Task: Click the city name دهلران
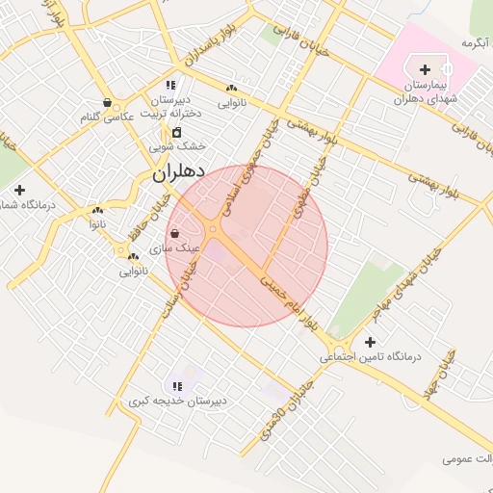coord(179,173)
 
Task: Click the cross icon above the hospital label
coord(426,69)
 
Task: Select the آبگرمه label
coord(476,43)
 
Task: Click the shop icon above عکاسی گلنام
coord(106,102)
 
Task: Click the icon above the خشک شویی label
coord(177,132)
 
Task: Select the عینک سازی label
coord(181,247)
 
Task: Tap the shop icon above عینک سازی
coord(173,233)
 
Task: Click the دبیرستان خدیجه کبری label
coord(178,401)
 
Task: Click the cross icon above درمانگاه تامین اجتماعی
coord(370,342)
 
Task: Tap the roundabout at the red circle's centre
coord(213,229)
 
